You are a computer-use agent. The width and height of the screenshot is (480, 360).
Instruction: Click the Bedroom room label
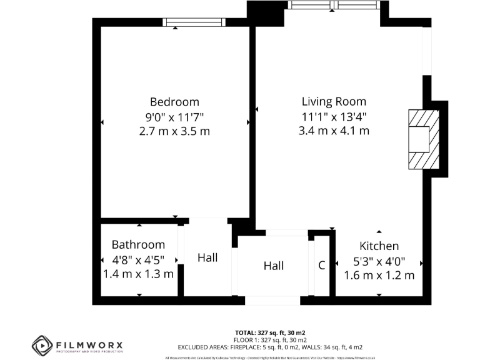[x=174, y=102]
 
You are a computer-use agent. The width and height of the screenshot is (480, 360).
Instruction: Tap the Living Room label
[x=334, y=102]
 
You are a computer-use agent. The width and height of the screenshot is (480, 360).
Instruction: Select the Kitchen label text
[x=379, y=246]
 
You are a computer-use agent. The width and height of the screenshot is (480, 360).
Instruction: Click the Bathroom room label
[x=138, y=245]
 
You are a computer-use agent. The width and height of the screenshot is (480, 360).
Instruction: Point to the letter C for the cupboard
[x=322, y=266]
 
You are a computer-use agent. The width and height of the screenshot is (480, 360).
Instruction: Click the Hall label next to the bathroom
[x=207, y=257]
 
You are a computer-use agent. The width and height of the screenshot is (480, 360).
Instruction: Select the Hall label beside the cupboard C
[x=274, y=266]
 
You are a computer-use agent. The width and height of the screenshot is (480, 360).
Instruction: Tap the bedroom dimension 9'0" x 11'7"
[x=174, y=117]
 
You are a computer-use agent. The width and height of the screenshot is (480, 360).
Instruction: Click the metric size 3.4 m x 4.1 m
[x=334, y=131]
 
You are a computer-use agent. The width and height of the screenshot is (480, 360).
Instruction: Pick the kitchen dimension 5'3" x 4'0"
[x=379, y=261]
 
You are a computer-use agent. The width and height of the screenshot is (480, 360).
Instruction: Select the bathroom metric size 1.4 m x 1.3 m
[x=138, y=274]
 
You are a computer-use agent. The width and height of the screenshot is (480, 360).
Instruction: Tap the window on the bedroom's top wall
[x=193, y=22]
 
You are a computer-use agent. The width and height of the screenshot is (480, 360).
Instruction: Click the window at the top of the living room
[x=333, y=6]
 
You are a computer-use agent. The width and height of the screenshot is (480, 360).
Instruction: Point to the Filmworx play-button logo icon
[x=42, y=345]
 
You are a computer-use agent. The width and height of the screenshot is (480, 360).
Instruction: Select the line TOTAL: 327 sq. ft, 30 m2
[x=270, y=332]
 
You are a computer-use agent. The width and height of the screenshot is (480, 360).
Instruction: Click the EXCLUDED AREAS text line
[x=270, y=347]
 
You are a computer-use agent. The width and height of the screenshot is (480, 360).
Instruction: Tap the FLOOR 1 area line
[x=270, y=339]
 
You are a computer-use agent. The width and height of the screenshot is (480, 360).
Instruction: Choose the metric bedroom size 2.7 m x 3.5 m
[x=174, y=131]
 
